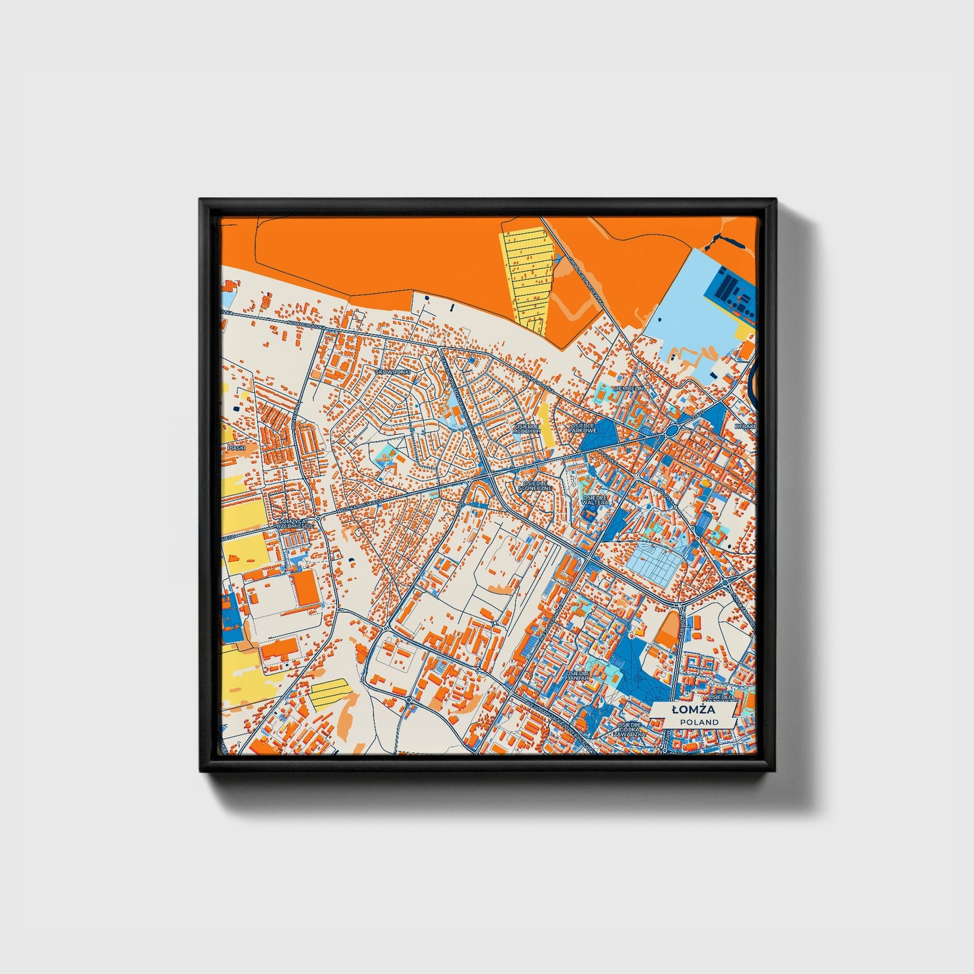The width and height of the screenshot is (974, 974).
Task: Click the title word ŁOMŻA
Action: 694,710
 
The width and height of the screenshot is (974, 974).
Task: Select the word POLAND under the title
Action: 699,722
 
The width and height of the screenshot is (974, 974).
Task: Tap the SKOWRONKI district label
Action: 392,371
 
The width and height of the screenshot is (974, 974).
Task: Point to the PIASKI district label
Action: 236,447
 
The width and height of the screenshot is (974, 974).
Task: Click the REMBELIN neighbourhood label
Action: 634,389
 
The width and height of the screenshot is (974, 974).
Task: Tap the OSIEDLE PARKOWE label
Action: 583,428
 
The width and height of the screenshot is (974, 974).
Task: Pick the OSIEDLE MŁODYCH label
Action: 526,429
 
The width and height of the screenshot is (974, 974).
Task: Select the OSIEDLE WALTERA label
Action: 595,499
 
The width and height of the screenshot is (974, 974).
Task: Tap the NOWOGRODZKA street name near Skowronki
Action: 305,326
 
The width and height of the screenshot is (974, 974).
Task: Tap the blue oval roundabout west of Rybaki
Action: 672,432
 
